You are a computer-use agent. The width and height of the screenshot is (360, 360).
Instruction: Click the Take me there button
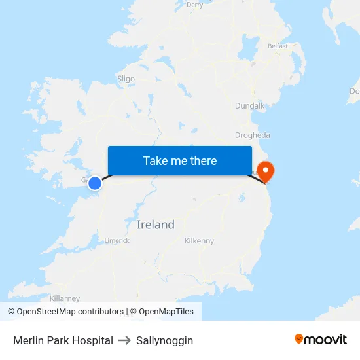180,160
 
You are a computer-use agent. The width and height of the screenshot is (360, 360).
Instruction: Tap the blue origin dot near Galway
95,183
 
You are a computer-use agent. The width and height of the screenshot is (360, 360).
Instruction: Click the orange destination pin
266,171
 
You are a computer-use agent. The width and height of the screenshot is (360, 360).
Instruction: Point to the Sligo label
126,79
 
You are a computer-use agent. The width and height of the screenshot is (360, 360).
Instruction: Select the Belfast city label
278,46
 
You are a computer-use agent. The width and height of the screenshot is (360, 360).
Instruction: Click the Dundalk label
249,105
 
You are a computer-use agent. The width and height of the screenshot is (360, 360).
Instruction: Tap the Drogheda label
252,135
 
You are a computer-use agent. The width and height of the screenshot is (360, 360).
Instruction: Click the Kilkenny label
199,241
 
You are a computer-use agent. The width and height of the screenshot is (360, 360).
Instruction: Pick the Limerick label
117,241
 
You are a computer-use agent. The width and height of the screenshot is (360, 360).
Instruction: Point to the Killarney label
64,298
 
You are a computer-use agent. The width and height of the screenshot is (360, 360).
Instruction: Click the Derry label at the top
194,5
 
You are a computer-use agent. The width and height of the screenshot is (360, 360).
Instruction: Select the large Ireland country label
156,225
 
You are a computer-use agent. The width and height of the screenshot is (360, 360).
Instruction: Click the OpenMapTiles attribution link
166,312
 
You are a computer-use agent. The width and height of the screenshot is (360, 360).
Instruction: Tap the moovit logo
321,339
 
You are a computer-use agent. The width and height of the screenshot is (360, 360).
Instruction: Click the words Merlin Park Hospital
63,340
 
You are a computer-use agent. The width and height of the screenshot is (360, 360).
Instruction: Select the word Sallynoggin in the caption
164,340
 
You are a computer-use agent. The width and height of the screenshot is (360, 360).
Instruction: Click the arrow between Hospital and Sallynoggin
124,340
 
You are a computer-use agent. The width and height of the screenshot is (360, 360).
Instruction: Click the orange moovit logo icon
299,339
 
